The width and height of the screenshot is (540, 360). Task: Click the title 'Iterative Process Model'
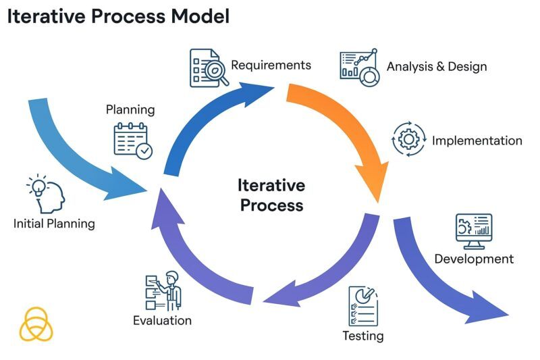118,16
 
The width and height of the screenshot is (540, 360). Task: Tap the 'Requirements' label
271,65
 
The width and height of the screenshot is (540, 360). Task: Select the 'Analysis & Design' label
436,66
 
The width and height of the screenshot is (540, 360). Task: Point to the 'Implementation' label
477,140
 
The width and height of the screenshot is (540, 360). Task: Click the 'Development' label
474,259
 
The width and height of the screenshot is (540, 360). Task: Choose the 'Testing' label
362,336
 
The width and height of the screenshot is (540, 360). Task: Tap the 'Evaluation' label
162,320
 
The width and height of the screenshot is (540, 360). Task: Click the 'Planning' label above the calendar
130,109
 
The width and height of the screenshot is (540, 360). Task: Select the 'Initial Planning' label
54,223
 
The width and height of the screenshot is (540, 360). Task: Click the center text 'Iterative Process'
271,195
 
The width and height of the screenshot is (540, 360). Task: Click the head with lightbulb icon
45,193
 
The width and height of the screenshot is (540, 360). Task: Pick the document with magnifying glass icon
209,67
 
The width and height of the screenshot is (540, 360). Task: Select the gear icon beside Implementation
408,139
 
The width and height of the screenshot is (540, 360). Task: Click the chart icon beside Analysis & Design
360,67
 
